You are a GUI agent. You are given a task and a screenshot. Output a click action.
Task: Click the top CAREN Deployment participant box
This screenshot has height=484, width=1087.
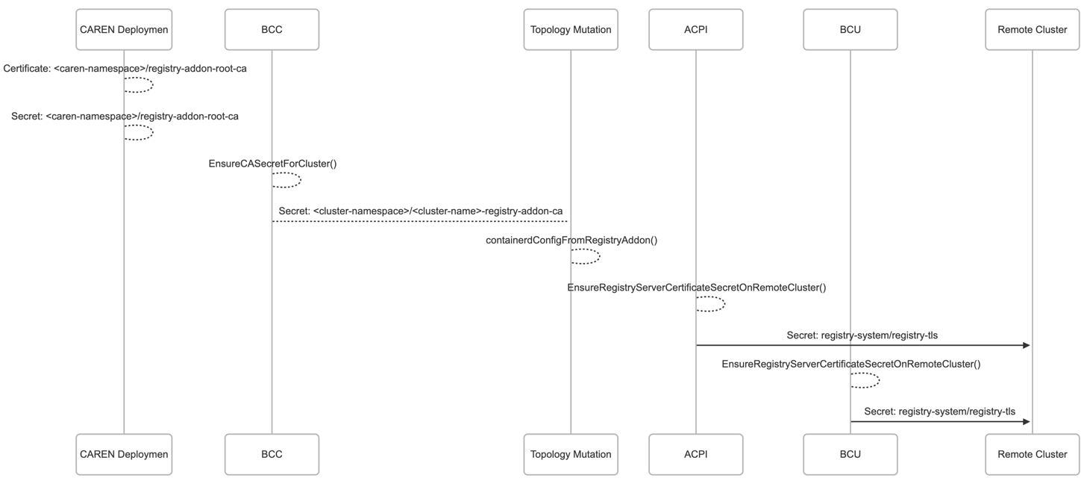tap(124, 30)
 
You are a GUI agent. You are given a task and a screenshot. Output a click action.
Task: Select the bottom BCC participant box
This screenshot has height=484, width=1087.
tap(272, 454)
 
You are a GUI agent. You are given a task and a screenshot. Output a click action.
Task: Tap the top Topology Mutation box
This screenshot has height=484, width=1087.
tap(571, 30)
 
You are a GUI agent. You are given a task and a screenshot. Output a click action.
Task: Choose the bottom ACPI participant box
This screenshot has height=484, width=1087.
tap(695, 454)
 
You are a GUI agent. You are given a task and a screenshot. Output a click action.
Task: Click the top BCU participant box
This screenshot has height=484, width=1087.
tap(850, 30)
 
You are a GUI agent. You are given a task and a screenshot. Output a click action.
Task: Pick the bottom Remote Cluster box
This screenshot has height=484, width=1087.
tap(1032, 454)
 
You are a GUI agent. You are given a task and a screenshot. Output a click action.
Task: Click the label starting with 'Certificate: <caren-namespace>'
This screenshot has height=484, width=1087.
tap(125, 69)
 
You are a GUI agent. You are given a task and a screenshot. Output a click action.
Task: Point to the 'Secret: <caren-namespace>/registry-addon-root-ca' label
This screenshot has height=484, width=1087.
tap(125, 117)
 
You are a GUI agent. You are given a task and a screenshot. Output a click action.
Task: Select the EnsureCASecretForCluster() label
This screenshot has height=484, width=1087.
tap(272, 164)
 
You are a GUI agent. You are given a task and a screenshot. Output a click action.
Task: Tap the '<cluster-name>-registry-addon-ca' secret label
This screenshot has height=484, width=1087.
tap(421, 211)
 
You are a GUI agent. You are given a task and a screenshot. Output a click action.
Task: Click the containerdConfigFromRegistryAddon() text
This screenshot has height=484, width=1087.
tap(571, 241)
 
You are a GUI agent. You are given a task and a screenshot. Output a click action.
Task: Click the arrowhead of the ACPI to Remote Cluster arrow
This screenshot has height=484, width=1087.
tap(1026, 345)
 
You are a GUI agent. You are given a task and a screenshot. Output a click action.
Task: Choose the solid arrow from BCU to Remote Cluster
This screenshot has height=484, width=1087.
tap(940, 421)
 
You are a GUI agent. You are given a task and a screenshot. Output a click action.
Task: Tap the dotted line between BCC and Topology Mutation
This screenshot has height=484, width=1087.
tap(421, 221)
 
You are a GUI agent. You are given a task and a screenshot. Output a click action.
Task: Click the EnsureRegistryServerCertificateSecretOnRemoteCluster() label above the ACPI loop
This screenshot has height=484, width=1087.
tap(696, 288)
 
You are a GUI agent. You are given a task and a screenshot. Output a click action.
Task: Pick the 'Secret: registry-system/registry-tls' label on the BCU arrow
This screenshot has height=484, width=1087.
tap(939, 412)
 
